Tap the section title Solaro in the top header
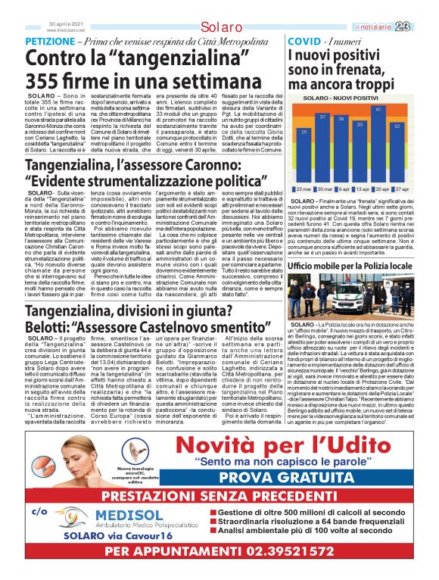(x=222, y=28)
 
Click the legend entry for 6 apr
(x=342, y=189)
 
